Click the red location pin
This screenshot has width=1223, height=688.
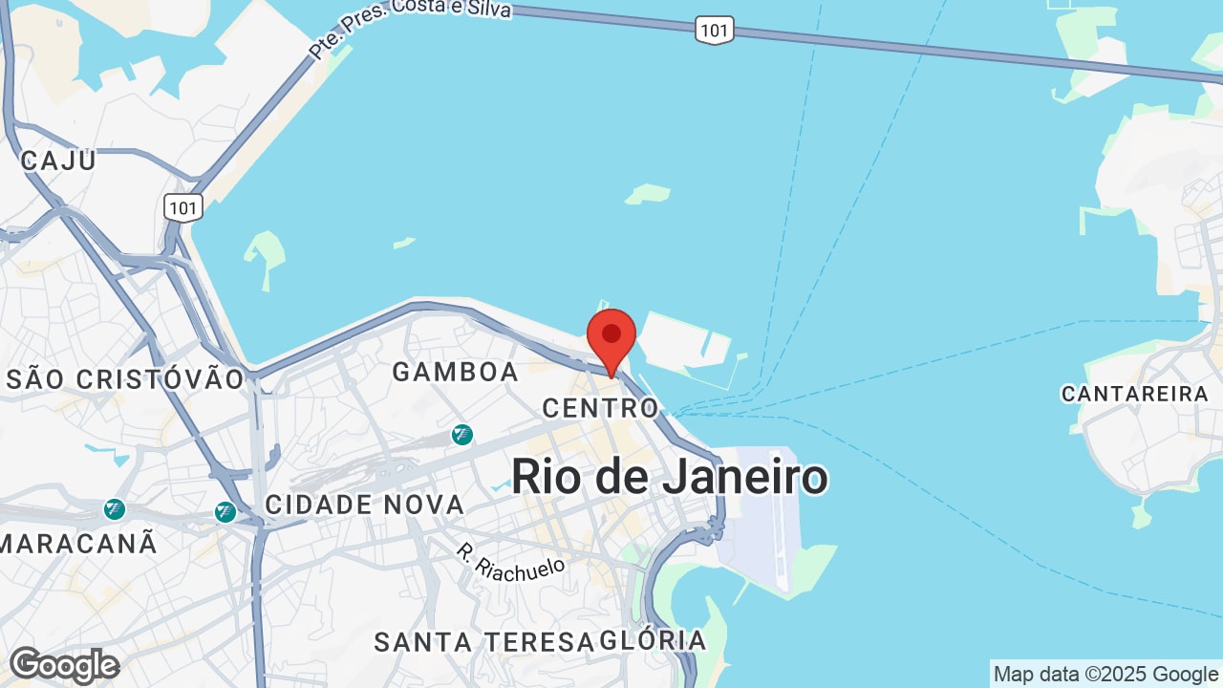coord(611,337)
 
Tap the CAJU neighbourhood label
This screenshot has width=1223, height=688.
coord(58,161)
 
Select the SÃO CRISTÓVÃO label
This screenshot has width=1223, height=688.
coord(125,379)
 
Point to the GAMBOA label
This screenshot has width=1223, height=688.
coord(456,372)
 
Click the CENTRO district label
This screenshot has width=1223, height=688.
coord(601,408)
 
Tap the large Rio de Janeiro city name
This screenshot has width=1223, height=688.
coord(669,477)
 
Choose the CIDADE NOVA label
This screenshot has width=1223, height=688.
coord(365,505)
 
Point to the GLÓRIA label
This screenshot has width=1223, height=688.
coord(654,640)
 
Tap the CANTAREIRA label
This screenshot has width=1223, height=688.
coord(1135,394)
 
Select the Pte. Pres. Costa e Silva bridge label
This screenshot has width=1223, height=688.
coord(410,26)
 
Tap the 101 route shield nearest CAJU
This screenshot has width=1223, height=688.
coord(182,206)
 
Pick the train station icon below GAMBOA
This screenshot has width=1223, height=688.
coord(462,435)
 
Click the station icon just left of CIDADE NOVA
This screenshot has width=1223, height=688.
coord(225,512)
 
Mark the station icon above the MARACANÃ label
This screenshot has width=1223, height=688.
coord(115,509)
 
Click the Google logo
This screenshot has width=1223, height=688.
coord(64,665)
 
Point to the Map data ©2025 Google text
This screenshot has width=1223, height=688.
coord(1105,674)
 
